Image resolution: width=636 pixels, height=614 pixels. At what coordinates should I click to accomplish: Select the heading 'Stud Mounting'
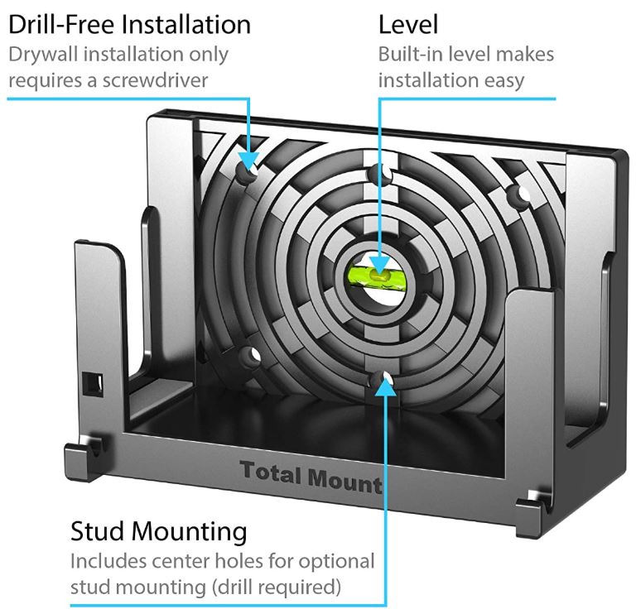pyautogui.click(x=158, y=530)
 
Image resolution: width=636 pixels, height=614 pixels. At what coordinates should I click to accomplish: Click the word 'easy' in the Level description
pyautogui.click(x=500, y=81)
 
